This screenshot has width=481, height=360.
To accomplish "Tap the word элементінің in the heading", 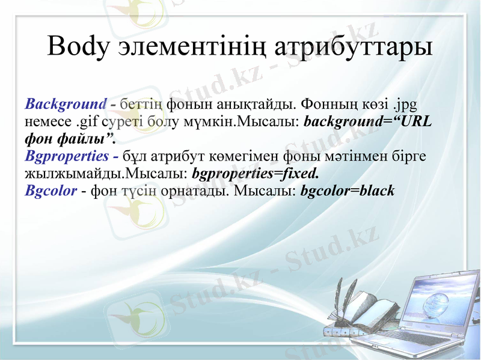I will [x=194, y=47].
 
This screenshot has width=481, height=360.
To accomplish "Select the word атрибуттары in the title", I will [x=353, y=47].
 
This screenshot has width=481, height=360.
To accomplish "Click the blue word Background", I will [x=66, y=104].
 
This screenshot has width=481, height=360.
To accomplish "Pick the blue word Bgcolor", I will [x=51, y=192].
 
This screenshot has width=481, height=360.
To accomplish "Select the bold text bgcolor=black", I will [x=348, y=192].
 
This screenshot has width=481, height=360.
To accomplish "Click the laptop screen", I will [x=438, y=298].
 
